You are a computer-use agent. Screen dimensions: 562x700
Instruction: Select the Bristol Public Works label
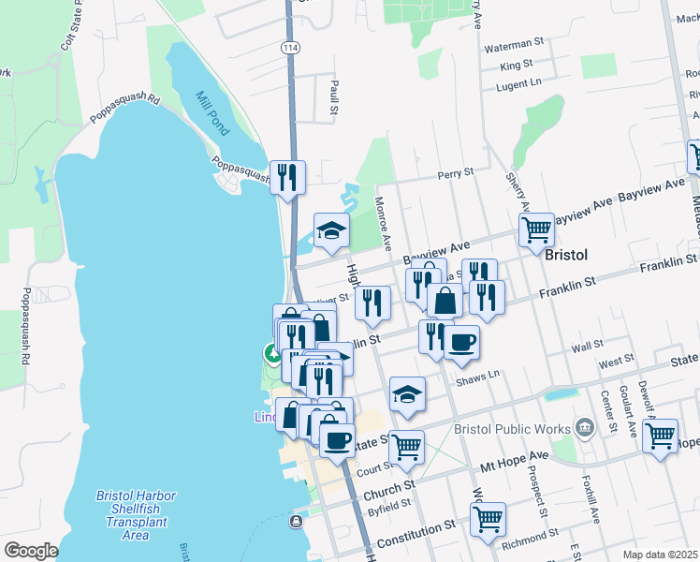pyautogui.click(x=512, y=428)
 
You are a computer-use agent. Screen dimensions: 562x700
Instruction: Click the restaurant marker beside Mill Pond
pyautogui.click(x=287, y=176)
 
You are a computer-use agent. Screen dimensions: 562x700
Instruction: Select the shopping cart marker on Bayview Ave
pyautogui.click(x=536, y=229)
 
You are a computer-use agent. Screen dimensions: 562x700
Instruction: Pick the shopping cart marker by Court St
pyautogui.click(x=407, y=448)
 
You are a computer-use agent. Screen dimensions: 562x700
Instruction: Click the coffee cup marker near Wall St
pyautogui.click(x=461, y=342)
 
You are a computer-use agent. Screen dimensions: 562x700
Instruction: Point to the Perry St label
pyautogui.click(x=456, y=173)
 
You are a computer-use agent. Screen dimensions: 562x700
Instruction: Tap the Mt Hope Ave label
pyautogui.click(x=514, y=459)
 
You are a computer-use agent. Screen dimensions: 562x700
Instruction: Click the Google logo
pyautogui.click(x=31, y=551)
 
